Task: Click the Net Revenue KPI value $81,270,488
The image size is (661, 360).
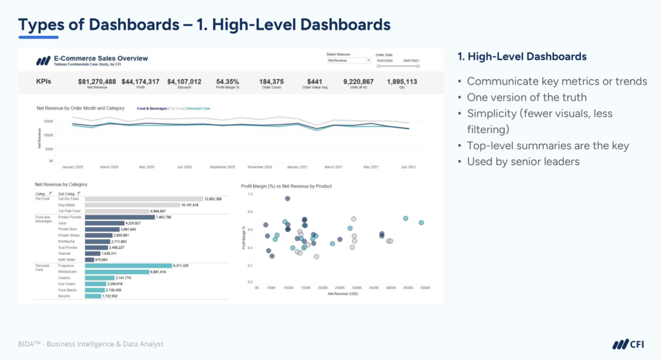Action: pyautogui.click(x=97, y=81)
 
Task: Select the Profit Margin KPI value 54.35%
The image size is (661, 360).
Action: pyautogui.click(x=227, y=81)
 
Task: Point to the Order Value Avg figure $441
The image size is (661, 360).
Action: pyautogui.click(x=314, y=81)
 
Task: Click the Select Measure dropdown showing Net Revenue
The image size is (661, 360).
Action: pyautogui.click(x=349, y=60)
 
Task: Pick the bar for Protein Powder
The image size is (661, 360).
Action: pyautogui.click(x=119, y=217)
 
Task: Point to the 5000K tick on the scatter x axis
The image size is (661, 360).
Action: pyautogui.click(x=425, y=288)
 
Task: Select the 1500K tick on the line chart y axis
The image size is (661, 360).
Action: pyautogui.click(x=48, y=121)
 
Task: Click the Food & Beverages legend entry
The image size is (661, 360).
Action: pyautogui.click(x=152, y=108)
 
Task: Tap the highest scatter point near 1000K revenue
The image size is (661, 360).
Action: pyautogui.click(x=287, y=199)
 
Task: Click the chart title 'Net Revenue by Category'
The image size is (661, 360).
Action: pyautogui.click(x=61, y=185)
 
